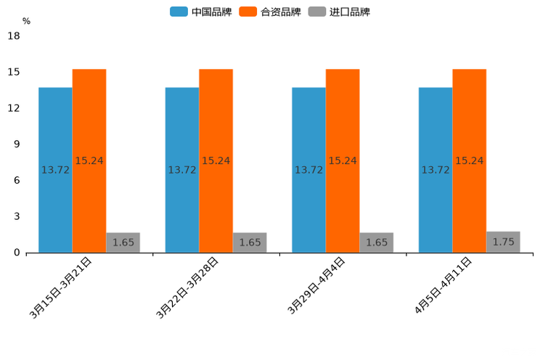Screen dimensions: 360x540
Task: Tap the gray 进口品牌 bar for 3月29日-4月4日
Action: point(377,242)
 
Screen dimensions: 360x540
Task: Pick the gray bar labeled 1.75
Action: point(503,242)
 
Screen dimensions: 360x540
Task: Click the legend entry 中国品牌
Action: point(201,12)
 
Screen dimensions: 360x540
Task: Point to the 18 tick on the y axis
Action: point(14,36)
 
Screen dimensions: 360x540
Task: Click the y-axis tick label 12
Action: point(14,108)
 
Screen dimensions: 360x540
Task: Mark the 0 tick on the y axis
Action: point(17,253)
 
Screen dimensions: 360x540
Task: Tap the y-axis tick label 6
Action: point(17,180)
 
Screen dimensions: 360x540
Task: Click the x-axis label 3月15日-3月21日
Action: point(61,287)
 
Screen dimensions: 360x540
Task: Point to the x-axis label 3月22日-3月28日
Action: point(188,287)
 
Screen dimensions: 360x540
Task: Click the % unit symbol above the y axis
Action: point(26,21)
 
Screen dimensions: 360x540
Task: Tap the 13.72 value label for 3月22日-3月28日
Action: point(182,170)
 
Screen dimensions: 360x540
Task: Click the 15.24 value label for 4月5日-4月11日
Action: point(470,160)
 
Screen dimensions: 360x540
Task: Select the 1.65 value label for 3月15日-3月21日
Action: point(123,242)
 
